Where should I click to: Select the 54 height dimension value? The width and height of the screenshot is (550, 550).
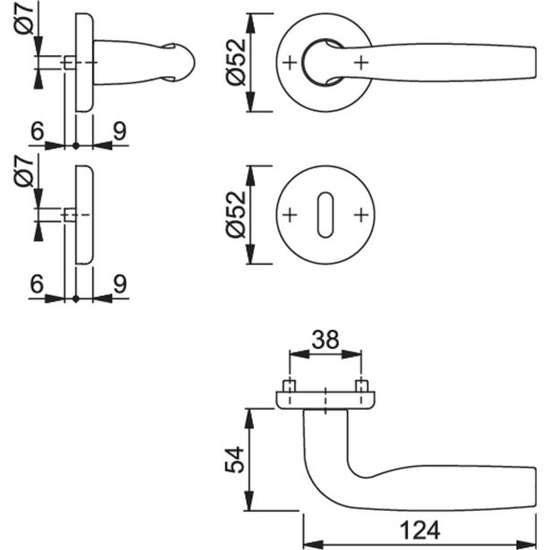231,460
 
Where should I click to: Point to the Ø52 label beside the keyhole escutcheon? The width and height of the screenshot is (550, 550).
235,216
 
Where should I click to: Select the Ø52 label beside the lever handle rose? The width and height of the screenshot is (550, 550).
235,63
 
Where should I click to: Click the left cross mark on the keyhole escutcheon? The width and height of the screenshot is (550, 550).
288,216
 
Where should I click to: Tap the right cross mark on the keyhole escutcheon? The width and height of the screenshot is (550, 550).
360,216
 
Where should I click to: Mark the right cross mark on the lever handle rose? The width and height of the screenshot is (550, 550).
360,63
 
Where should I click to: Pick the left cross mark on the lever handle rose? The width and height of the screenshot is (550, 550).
288,63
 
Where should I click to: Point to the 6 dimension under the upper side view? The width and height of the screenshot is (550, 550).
37,131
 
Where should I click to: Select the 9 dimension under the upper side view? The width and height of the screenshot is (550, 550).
119,131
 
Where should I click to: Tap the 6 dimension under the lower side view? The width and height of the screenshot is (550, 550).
37,285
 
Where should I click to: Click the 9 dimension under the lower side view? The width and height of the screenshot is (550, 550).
119,285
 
